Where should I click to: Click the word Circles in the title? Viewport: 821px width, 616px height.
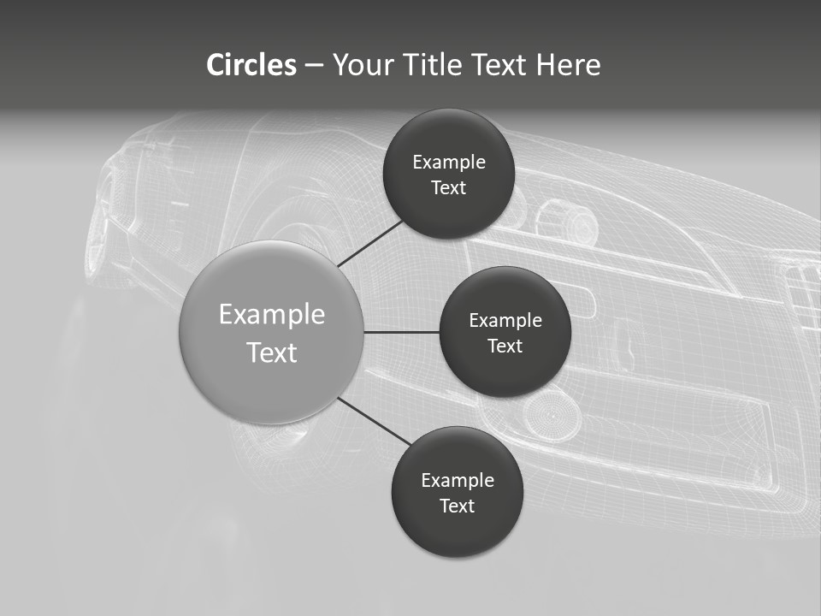tap(251, 65)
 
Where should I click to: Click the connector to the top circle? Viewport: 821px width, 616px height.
tap(369, 243)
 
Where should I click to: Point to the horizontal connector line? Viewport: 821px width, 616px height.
tap(401, 332)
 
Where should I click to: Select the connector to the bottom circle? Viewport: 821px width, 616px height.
tap(374, 421)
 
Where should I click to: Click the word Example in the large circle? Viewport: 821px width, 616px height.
tap(272, 315)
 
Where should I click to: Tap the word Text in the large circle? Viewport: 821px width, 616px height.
tap(272, 352)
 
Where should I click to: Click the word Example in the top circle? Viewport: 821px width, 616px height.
tap(449, 163)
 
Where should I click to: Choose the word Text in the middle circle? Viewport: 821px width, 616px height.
tap(505, 346)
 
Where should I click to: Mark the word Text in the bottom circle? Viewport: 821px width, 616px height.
tap(457, 506)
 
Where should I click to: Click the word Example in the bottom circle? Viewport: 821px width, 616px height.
tap(458, 481)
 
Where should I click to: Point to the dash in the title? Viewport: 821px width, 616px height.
tap(314, 65)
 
